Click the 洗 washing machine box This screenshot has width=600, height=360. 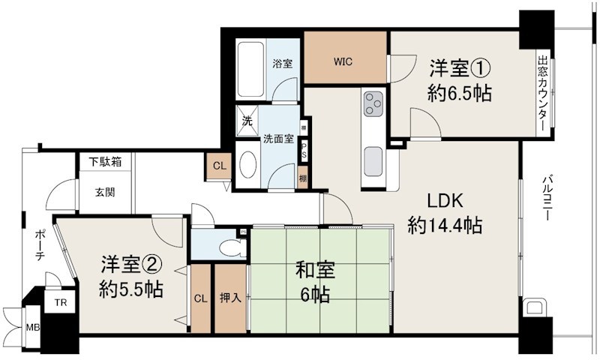pos(247,118)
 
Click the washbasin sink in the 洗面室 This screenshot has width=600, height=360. pos(248,166)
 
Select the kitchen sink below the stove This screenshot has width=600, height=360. pos(373,160)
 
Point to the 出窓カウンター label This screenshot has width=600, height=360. pos(542,94)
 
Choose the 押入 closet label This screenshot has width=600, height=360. pos(230,298)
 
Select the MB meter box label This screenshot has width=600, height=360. pos(33,328)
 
